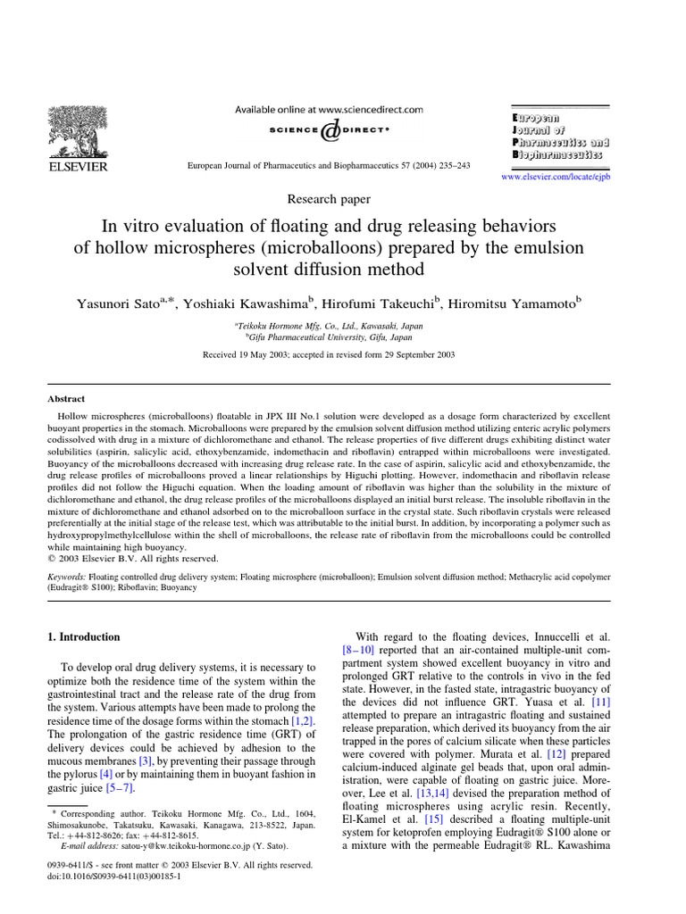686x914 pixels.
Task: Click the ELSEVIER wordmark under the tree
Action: coord(77,167)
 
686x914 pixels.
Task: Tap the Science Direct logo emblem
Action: coord(329,130)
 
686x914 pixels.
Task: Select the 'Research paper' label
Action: coord(328,199)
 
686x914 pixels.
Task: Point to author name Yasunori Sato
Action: coord(122,303)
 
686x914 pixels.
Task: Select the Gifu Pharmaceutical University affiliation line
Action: coord(329,337)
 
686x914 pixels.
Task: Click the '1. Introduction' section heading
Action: coord(83,637)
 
